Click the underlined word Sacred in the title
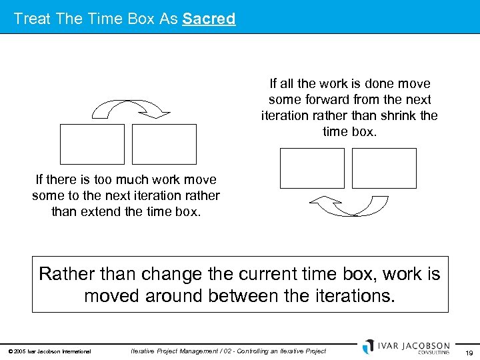point(209,19)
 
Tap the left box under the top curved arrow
point(92,144)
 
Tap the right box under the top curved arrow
point(164,144)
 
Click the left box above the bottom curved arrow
point(312,168)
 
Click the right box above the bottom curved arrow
point(384,168)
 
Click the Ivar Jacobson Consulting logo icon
point(369,347)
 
